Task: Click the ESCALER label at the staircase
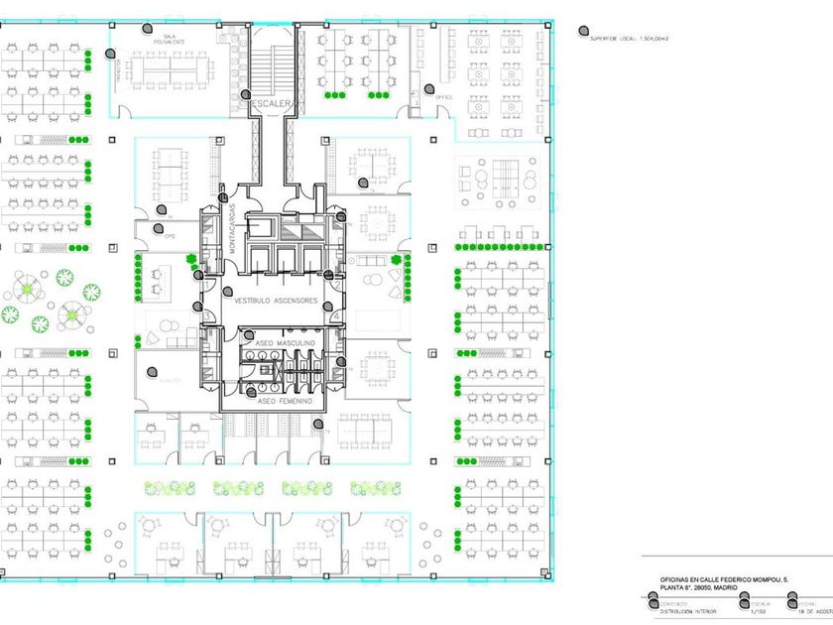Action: tap(267, 102)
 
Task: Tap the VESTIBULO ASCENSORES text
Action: tap(271, 300)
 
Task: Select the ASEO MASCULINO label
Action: tap(285, 342)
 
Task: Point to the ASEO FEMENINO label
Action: tap(285, 402)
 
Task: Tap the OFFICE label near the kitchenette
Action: tap(443, 97)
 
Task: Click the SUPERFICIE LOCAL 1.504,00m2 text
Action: tap(632, 37)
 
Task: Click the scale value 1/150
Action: tap(760, 611)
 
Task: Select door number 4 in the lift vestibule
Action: tap(337, 316)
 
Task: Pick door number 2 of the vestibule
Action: tap(337, 286)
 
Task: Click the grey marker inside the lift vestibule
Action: tap(227, 293)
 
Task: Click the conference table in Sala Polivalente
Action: tap(175, 68)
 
